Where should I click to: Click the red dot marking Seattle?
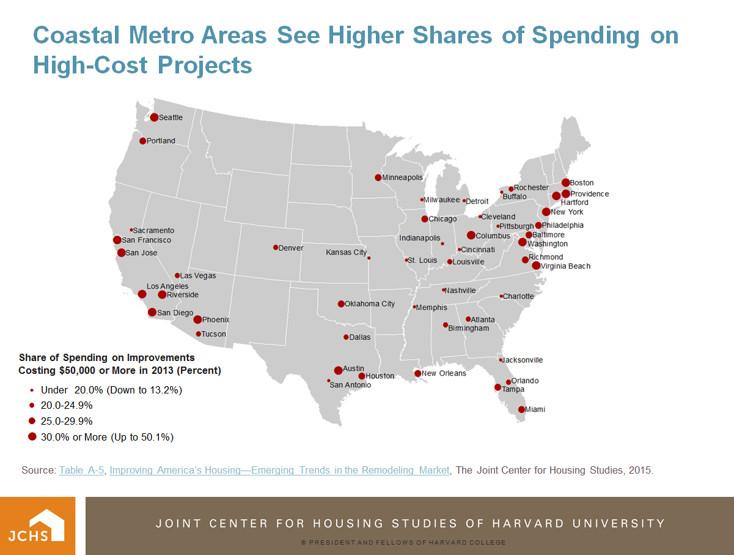[154, 117]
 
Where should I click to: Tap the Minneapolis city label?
[402, 177]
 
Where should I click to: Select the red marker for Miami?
[521, 409]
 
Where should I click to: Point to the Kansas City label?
[346, 252]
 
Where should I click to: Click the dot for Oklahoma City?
[341, 304]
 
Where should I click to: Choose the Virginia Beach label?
[565, 266]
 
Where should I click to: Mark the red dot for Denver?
[276, 247]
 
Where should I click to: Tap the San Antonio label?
[350, 385]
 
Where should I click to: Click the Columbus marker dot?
[471, 236]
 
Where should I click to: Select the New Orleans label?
[444, 373]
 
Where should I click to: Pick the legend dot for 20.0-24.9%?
[32, 405]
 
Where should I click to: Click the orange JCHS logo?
[37, 526]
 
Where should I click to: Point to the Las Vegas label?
[198, 276]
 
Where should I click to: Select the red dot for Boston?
[565, 182]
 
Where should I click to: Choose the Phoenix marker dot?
[197, 319]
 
